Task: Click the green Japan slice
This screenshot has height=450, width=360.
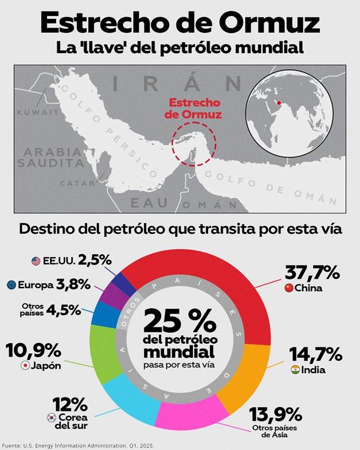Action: coord(103,353)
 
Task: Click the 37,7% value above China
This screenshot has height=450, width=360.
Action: coord(312,272)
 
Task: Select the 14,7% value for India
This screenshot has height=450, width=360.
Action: coord(315,354)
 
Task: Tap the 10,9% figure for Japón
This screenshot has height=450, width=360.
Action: coord(34,350)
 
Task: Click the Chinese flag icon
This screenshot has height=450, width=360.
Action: coord(289,288)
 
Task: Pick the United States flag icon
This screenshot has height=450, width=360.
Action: coord(36,261)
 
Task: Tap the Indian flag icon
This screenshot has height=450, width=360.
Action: coord(295,369)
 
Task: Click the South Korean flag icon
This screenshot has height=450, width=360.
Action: coord(52,418)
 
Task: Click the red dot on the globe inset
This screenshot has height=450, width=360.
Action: coord(278,103)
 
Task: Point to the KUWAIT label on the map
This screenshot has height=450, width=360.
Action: coord(38,112)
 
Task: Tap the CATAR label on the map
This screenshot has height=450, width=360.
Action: coord(77,183)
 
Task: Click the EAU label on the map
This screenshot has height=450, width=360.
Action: coord(149,203)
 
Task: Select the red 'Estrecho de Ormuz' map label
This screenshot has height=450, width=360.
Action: coord(193,109)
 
